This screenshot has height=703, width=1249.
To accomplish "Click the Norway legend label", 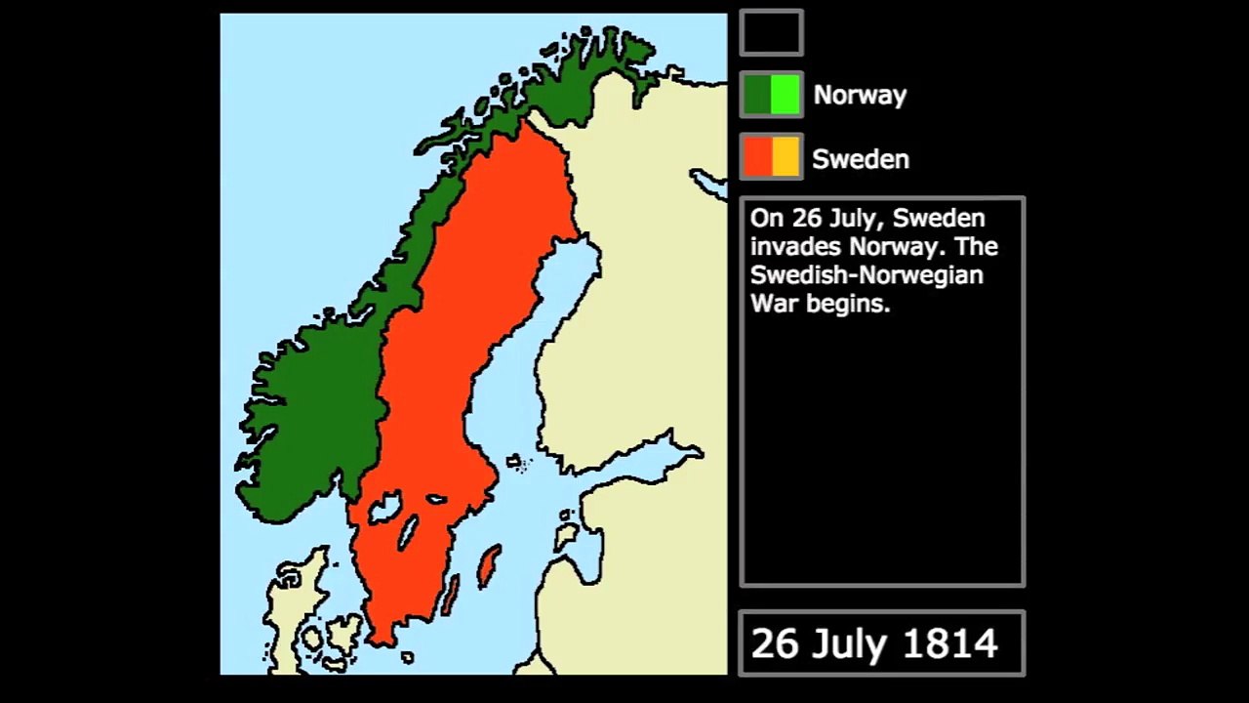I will pyautogui.click(x=860, y=95).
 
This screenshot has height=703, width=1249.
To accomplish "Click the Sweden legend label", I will pyautogui.click(x=860, y=159).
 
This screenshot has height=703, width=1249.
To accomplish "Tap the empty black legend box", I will pyautogui.click(x=771, y=32).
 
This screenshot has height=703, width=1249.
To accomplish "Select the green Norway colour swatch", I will pyautogui.click(x=771, y=95).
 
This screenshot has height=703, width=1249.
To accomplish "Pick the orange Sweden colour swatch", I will pyautogui.click(x=771, y=157).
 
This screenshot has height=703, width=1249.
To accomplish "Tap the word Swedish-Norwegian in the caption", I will pyautogui.click(x=866, y=274).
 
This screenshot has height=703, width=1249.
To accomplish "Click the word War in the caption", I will pyautogui.click(x=769, y=304).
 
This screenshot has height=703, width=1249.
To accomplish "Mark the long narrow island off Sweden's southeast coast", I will pyautogui.click(x=488, y=566).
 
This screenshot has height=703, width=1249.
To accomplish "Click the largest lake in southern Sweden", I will pyautogui.click(x=383, y=507).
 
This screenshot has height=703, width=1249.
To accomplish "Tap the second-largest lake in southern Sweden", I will pyautogui.click(x=407, y=531).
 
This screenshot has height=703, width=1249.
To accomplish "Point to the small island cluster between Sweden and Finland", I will pyautogui.click(x=517, y=465).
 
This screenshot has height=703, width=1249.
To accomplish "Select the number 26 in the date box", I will pyautogui.click(x=773, y=644).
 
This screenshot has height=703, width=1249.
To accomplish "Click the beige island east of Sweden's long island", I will pyautogui.click(x=565, y=535).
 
